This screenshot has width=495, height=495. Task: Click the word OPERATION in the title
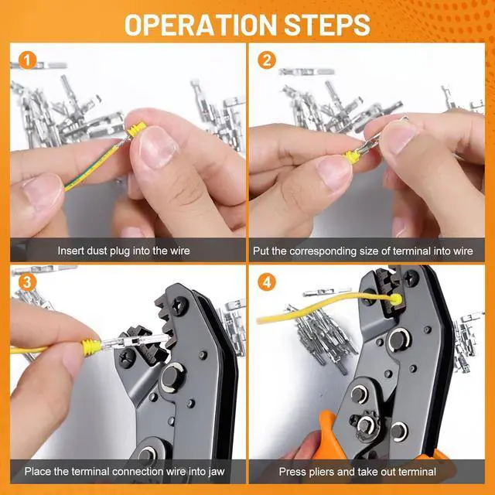pyautogui.click(x=200, y=25)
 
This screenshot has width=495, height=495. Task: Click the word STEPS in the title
pyautogui.click(x=327, y=25)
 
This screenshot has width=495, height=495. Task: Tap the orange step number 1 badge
pyautogui.click(x=28, y=60)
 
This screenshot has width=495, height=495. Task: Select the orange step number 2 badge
pyautogui.click(x=267, y=60)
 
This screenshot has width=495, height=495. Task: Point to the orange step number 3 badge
pyautogui.click(x=28, y=282)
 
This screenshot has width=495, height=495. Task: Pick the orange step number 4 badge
pyautogui.click(x=267, y=282)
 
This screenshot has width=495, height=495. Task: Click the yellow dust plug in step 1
pyautogui.click(x=136, y=130)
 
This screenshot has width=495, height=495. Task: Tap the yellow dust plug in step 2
pyautogui.click(x=352, y=155)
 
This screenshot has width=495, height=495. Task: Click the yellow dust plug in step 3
pyautogui.click(x=91, y=347)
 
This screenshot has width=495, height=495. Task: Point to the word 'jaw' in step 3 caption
pyautogui.click(x=216, y=472)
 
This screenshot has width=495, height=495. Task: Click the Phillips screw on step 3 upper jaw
pyautogui.click(x=180, y=306)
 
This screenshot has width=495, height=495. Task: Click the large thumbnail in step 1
pyautogui.click(x=157, y=146)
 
